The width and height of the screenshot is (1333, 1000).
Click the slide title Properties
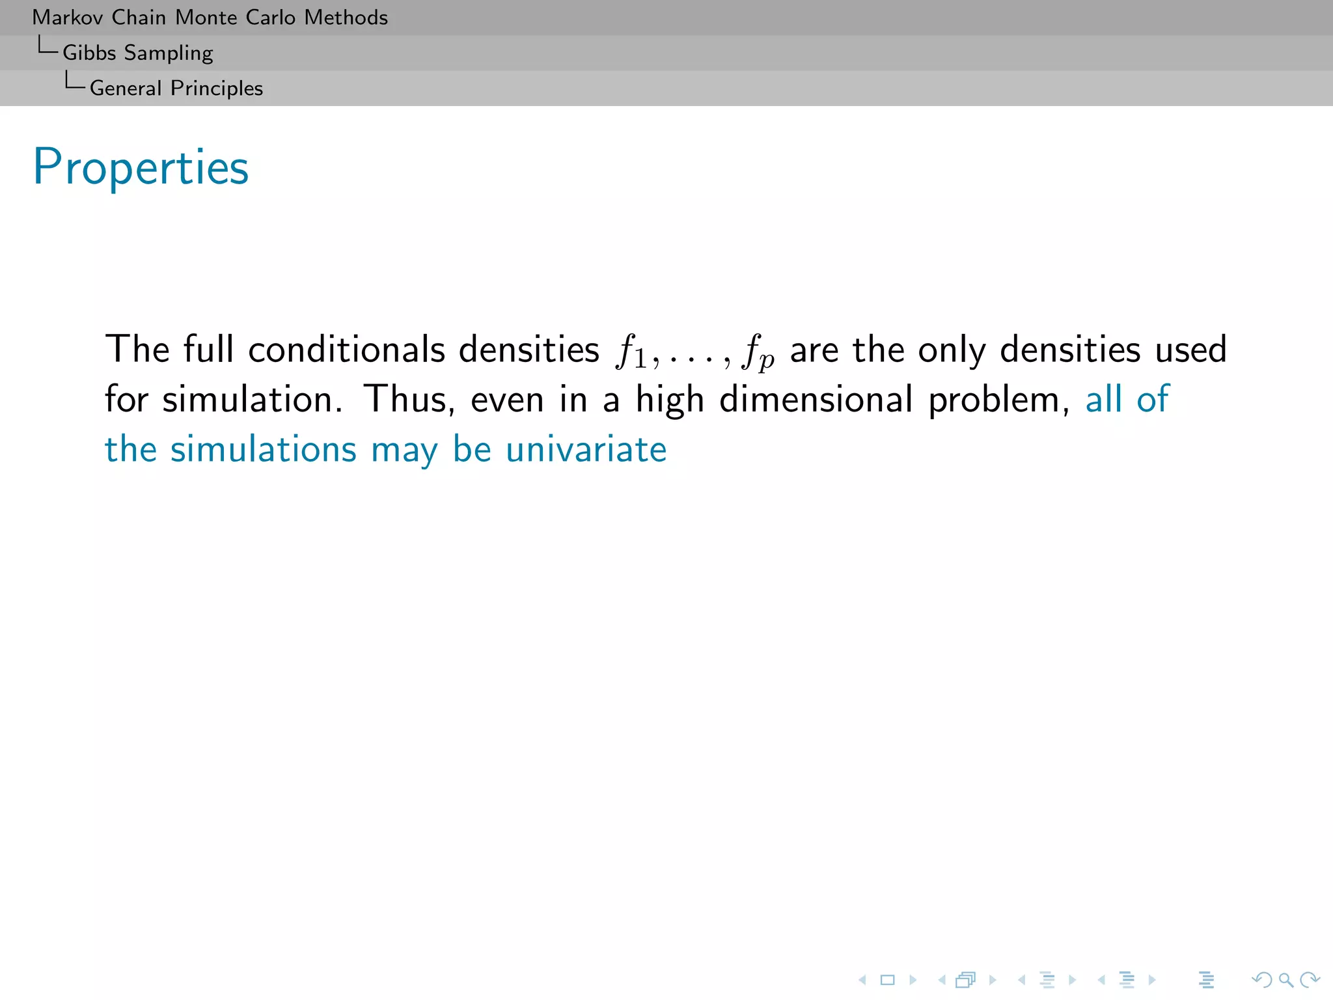tap(141, 168)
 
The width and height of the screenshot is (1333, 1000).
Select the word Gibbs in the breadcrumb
tap(89, 53)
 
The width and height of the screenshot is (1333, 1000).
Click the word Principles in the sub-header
tap(217, 89)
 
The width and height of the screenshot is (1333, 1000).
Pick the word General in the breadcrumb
tap(126, 88)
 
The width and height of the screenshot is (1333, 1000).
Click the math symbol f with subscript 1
tap(631, 352)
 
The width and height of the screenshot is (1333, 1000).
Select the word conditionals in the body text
tap(347, 350)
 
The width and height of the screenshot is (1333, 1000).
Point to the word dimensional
tap(816, 399)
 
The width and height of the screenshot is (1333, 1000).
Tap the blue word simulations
tap(263, 449)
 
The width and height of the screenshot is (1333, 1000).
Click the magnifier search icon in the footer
tap(1285, 980)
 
